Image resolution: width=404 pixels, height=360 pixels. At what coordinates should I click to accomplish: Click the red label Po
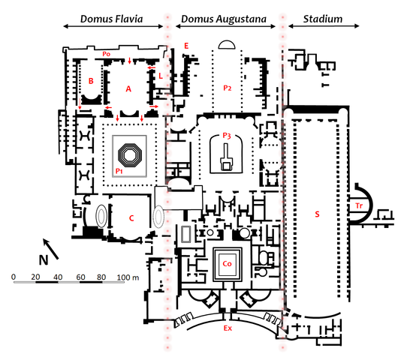point(107,55)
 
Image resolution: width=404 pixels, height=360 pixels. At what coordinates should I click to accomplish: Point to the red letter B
point(91,79)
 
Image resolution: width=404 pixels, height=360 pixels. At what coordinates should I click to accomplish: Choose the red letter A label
point(128,88)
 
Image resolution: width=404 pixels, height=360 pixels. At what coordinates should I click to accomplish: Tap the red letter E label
point(185,46)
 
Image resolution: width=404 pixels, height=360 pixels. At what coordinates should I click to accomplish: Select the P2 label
point(227,88)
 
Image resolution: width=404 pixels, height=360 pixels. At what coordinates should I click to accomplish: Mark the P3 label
point(226,135)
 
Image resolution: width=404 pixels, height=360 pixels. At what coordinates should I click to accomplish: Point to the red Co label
point(227,263)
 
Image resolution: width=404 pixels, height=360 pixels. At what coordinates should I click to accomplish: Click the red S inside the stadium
point(317,214)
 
